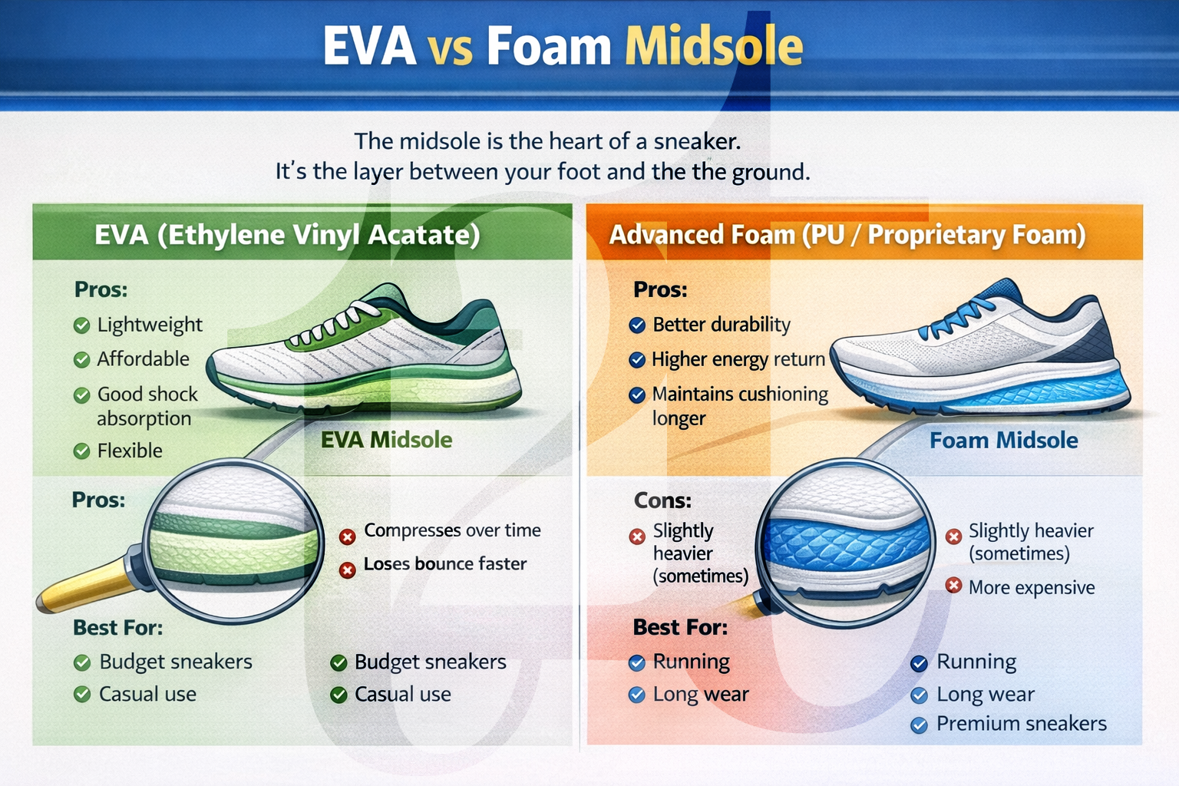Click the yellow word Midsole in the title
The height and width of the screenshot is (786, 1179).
714,48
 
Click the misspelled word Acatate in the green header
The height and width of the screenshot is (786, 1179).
424,235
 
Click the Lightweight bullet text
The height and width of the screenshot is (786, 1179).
150,325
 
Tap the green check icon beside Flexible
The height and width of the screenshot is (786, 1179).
81,451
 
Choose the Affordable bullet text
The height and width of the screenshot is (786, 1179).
143,359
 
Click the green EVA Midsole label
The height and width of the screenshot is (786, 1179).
386,440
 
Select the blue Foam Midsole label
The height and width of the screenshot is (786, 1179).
1003,441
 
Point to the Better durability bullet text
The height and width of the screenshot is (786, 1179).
721,325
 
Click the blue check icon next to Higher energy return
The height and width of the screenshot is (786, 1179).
636,360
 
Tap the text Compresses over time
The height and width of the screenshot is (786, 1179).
452,530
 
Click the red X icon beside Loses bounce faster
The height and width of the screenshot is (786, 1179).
348,570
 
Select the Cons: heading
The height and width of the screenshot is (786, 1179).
662,501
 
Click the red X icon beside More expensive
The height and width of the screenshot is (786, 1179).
953,586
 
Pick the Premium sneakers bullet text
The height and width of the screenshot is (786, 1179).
1021,724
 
